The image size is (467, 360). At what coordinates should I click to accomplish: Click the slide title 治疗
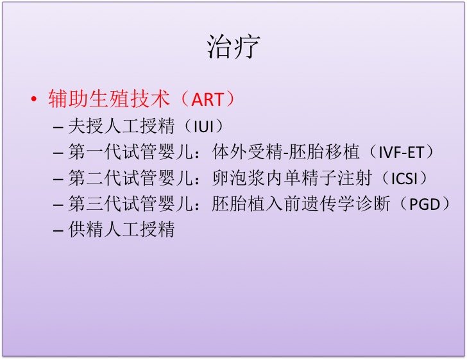[234, 47]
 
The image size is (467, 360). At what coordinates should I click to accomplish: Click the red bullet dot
[34, 99]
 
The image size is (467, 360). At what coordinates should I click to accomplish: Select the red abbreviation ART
[207, 99]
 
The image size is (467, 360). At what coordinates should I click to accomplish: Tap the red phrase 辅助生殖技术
[109, 99]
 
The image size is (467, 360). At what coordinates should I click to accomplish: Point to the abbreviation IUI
[203, 126]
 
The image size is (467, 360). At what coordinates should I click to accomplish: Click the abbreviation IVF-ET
[401, 153]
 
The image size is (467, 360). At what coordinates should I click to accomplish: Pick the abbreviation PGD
[425, 205]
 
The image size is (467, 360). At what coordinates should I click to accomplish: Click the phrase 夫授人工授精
[121, 126]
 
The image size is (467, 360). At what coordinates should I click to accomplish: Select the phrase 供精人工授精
[121, 229]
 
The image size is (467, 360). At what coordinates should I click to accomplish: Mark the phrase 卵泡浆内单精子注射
[292, 178]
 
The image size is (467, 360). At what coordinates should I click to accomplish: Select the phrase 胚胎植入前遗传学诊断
[301, 204]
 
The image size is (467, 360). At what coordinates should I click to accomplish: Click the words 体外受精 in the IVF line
[248, 152]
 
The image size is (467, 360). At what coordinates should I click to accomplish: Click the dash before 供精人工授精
[58, 230]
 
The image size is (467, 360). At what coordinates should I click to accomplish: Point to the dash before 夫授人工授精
[58, 127]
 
